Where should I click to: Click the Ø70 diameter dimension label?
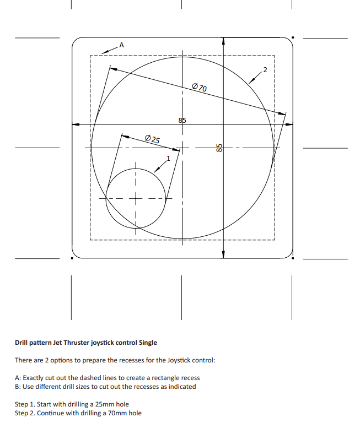[199, 87]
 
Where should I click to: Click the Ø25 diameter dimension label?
[152, 139]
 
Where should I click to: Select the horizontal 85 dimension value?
[182, 120]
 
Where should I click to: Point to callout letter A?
[121, 45]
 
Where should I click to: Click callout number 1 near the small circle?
[169, 158]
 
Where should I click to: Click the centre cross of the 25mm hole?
[135, 198]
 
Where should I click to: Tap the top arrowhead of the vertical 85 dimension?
[223, 41]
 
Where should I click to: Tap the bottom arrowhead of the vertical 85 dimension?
[223, 254]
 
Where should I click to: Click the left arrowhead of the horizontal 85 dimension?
[76, 124]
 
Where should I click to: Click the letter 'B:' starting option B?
[18, 387]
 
